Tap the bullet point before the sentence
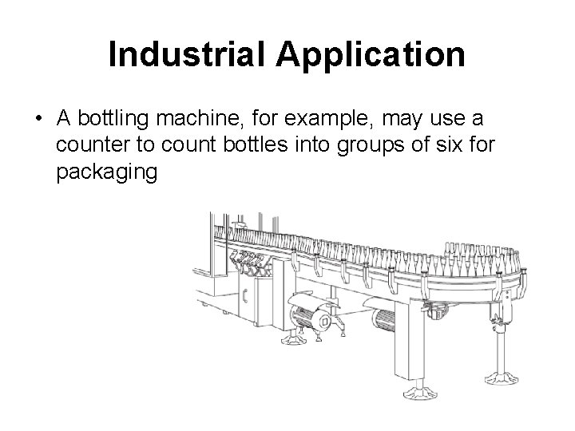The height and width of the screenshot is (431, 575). click(38, 119)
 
